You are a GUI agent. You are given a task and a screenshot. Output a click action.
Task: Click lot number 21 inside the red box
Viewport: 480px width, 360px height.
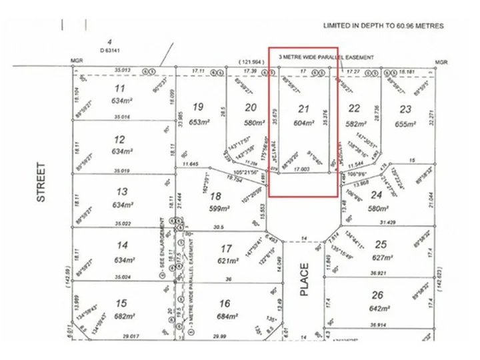[303, 109]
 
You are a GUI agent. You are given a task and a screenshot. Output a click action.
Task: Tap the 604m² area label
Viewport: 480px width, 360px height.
[303, 123]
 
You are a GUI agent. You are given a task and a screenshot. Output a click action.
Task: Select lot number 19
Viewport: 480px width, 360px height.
[197, 107]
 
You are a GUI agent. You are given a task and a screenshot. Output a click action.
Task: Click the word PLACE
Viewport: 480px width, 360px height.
[304, 279]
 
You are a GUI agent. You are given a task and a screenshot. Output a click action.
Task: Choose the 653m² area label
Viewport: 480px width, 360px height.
[197, 122]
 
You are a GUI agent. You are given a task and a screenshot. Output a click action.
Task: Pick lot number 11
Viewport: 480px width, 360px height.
[120, 89]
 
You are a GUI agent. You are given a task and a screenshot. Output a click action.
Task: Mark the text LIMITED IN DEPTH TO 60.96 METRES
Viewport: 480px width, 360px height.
[383, 26]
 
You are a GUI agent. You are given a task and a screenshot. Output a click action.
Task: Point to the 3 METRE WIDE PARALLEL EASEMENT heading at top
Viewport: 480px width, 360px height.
[326, 57]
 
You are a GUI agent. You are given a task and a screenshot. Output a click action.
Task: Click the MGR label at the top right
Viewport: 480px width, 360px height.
[440, 62]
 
